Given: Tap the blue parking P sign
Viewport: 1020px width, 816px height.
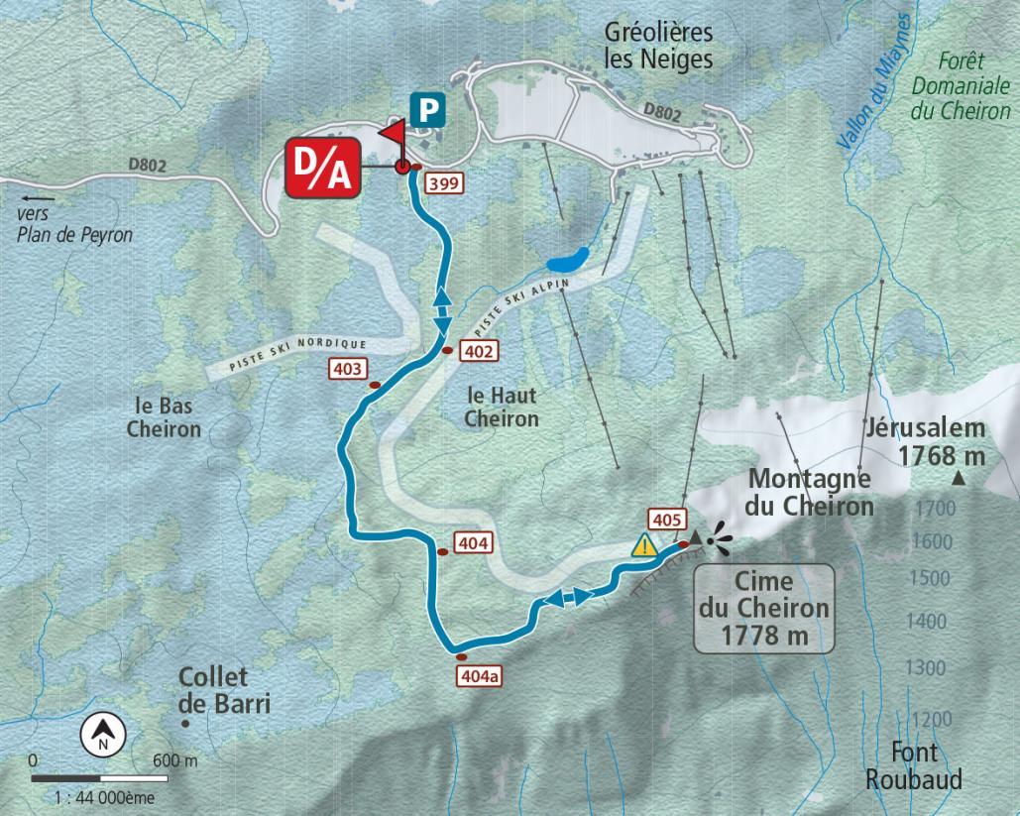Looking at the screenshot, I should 428,109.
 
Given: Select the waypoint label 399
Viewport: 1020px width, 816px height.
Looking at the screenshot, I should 442,183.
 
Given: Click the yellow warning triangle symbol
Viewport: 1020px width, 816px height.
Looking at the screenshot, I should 645,544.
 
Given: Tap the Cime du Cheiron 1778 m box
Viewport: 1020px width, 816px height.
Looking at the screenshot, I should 763,607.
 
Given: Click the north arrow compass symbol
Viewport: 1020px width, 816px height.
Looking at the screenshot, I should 104,735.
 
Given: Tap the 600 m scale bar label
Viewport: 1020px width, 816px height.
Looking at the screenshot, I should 175,761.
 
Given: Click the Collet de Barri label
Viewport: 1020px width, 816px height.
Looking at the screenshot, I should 224,690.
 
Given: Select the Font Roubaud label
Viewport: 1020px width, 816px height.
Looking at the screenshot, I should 913,766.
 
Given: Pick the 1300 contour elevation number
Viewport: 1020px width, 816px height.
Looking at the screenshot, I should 925,668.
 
